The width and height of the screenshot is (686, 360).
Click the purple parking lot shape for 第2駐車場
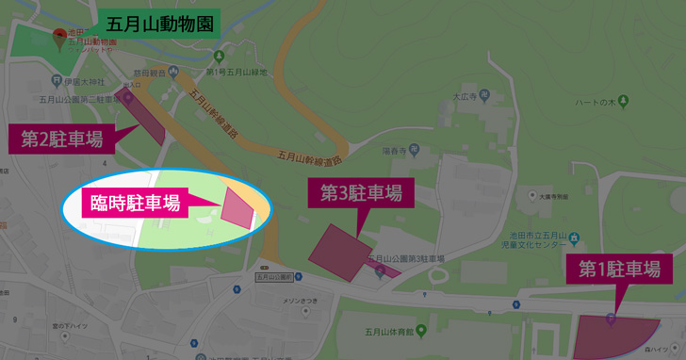[x=147, y=119]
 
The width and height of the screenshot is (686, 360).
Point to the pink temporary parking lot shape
[x=237, y=208]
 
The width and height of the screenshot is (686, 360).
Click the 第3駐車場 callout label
[x=361, y=194]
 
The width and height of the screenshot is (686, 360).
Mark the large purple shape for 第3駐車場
[x=340, y=252]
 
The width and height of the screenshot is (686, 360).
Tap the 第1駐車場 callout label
[x=619, y=270]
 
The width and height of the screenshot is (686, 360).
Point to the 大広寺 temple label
[x=463, y=95]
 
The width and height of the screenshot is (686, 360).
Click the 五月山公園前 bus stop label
[x=273, y=278]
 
